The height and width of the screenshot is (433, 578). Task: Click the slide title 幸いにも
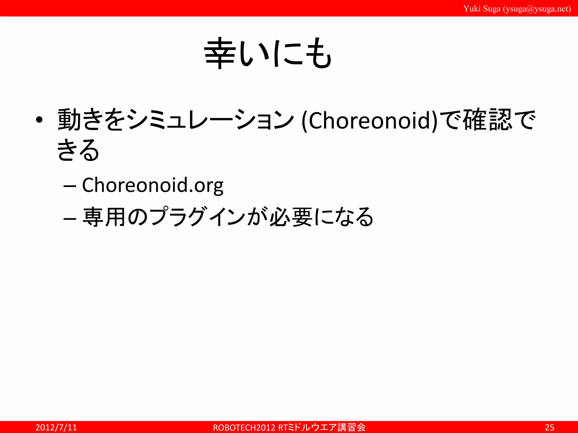point(268,54)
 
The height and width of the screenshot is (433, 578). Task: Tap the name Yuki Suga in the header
point(482,9)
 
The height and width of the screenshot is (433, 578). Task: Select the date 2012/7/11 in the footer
point(56,427)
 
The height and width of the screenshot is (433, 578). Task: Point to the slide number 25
point(549,427)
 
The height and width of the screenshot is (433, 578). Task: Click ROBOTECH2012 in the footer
point(244,428)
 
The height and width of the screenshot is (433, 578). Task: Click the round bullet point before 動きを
point(39,120)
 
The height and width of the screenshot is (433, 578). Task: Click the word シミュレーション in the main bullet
point(210,120)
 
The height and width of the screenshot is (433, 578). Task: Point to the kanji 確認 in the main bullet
point(487,120)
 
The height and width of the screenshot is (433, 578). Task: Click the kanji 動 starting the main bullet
point(69,120)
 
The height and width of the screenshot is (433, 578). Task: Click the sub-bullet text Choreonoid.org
point(153,185)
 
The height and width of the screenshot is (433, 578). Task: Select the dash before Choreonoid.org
point(70,186)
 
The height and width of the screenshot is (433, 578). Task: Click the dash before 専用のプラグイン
point(70,218)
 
